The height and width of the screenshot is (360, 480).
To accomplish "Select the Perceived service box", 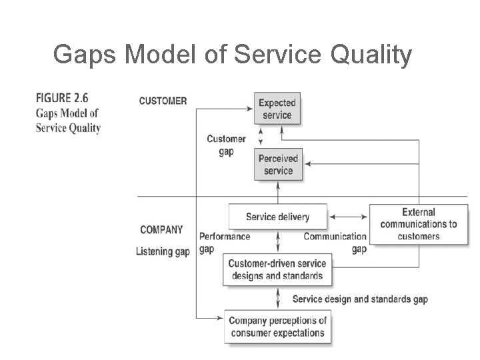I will tap(278, 164).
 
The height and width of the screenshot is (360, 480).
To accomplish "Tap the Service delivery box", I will tap(277, 217).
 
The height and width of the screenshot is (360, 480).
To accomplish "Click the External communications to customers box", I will tap(419, 224).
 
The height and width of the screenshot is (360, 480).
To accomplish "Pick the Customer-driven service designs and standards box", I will tap(275, 269).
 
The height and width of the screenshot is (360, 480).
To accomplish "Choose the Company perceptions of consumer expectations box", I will tap(277, 327).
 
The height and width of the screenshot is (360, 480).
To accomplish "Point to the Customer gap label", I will tap(226, 145).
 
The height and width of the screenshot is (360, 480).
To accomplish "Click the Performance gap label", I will tap(225, 242).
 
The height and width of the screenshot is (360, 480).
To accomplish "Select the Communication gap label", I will tap(335, 242).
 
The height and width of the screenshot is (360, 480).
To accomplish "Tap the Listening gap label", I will tap(163, 251).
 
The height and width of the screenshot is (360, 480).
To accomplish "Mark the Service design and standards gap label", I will tap(360, 299).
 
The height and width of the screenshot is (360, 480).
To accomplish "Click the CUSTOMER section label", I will tap(163, 101).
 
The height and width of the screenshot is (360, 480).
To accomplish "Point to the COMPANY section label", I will tap(161, 229).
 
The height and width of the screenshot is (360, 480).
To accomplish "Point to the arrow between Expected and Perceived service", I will tap(261, 137).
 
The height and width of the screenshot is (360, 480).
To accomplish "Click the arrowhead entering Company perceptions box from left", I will tap(221, 317).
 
